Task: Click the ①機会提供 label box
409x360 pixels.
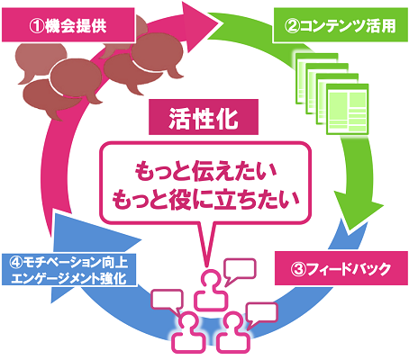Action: pos(68,25)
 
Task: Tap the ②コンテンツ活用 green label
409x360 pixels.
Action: pos(341,25)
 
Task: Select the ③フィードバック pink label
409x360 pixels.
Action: pos(341,268)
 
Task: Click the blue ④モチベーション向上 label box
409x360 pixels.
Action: pos(69,270)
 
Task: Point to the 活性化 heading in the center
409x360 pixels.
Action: pos(204,117)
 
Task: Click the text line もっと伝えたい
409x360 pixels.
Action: pos(205,172)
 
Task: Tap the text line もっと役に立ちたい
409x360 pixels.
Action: pos(205,199)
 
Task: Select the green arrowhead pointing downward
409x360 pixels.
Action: pos(358,214)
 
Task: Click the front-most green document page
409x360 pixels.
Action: pos(348,109)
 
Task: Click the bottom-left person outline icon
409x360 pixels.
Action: pos(188,332)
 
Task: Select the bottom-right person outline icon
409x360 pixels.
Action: pos(233,332)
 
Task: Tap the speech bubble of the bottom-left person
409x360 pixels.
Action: pos(167,301)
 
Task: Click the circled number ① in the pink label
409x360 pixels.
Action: pos(37,26)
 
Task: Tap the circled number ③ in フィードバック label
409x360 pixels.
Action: pos(298,269)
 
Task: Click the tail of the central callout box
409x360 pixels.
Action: pos(206,244)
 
